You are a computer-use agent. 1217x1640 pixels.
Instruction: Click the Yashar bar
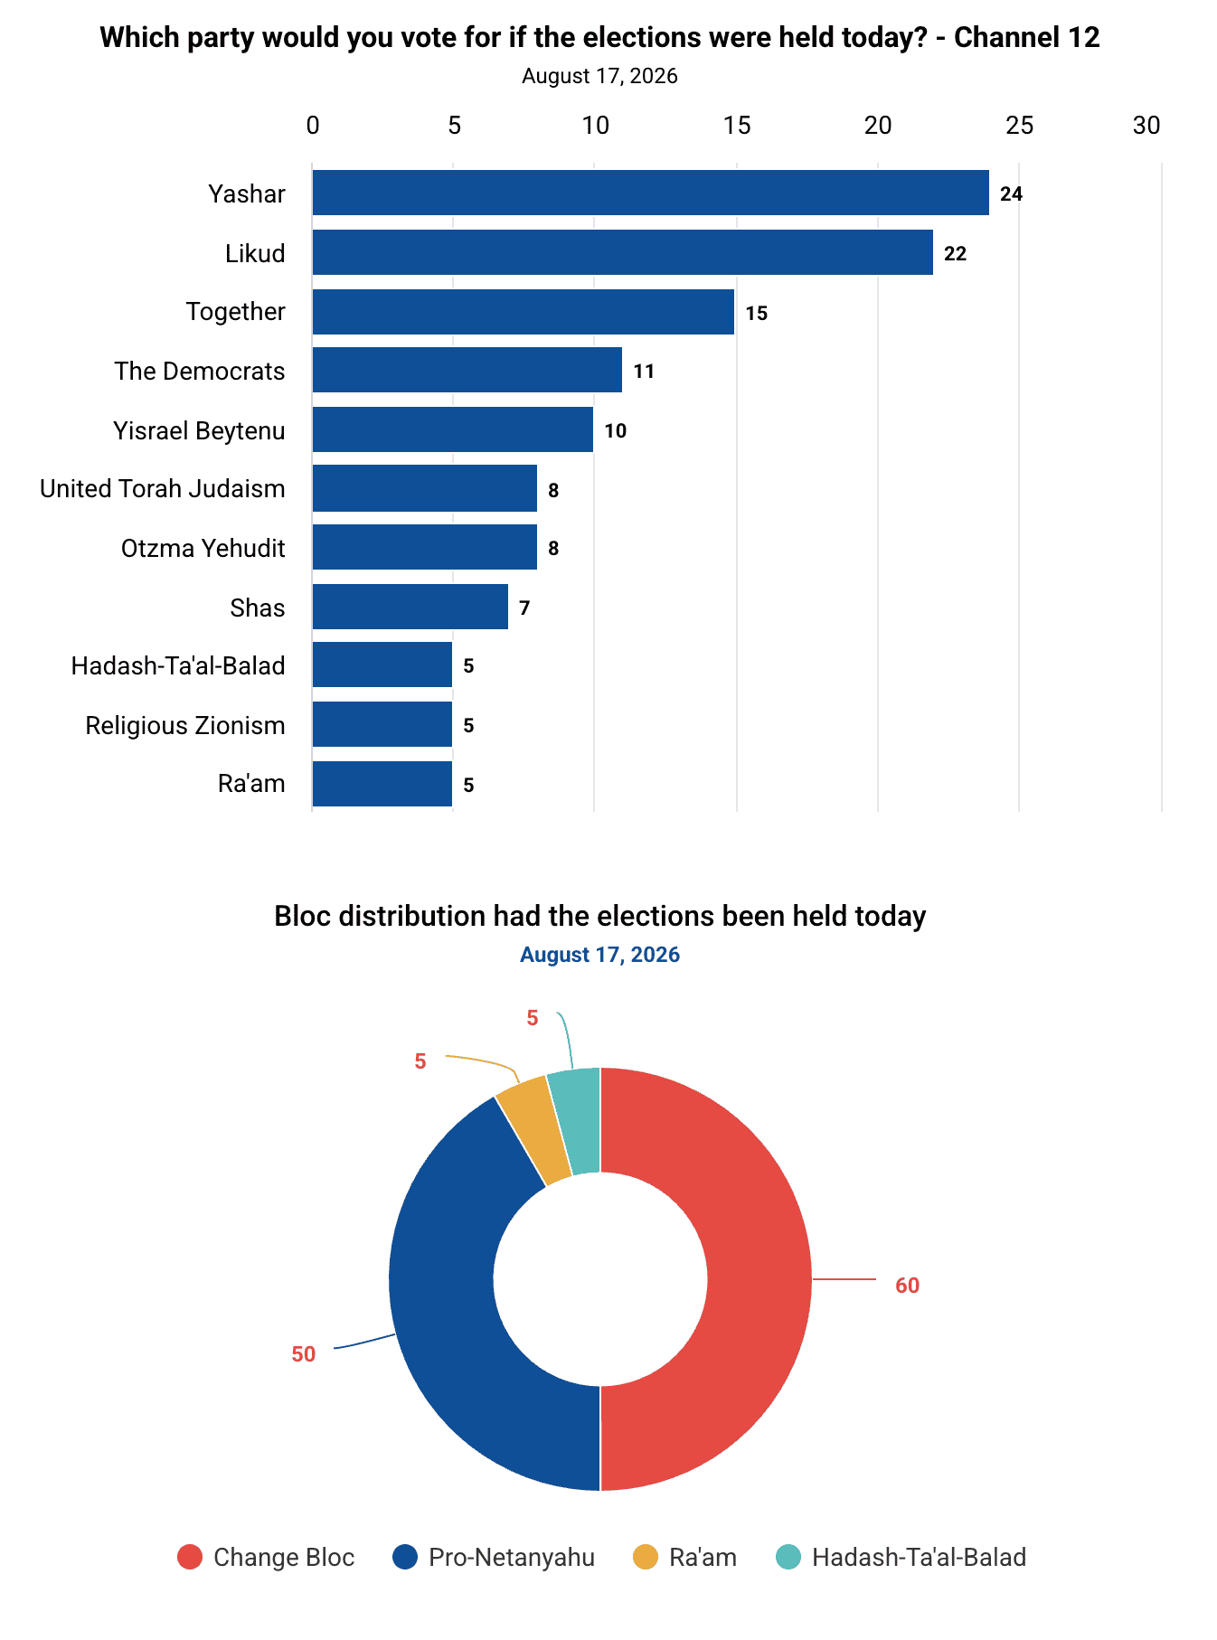[651, 193]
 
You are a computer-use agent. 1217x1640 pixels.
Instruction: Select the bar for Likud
[623, 252]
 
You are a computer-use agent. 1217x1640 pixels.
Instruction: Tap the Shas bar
[410, 607]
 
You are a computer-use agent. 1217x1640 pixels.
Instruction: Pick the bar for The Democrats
[467, 370]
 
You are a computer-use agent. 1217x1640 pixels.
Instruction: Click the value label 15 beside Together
[757, 313]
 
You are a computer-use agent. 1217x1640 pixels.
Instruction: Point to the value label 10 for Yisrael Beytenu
[616, 430]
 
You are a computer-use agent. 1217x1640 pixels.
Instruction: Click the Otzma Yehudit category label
[203, 548]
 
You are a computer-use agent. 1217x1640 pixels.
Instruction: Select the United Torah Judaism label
[163, 488]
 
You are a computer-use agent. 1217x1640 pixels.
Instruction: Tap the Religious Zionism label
[185, 725]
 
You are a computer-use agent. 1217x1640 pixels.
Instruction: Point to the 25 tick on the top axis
[1020, 125]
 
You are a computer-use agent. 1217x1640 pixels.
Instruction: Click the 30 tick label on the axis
[1146, 125]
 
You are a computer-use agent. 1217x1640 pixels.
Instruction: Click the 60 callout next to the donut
[907, 1286]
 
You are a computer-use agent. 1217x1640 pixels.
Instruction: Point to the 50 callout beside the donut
[304, 1354]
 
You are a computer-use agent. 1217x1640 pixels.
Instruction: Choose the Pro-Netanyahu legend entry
[494, 1557]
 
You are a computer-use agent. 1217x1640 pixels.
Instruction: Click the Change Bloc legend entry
[266, 1557]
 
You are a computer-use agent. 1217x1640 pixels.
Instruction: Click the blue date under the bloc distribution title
[599, 955]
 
